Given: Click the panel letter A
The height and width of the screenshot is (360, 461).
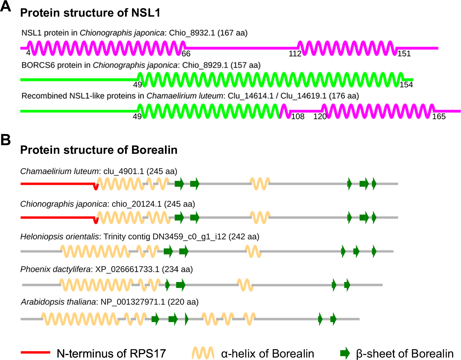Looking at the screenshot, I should (6, 6).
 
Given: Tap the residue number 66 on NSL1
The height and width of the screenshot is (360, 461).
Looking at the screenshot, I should (186, 54).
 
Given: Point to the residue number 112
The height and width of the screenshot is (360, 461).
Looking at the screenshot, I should (295, 54).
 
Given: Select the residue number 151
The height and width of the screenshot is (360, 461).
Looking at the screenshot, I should (404, 54).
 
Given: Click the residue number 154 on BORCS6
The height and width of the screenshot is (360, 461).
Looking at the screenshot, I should (406, 85).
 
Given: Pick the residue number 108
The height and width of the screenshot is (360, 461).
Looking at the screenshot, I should (298, 117).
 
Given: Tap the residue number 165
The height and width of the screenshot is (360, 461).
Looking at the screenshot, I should (439, 117).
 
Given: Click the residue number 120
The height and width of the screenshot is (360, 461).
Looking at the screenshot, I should (320, 117).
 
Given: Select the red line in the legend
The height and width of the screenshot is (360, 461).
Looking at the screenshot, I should (35, 352).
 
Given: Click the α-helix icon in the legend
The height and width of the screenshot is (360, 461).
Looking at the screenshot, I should (203, 353).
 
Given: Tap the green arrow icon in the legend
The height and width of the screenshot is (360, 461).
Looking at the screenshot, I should (345, 353).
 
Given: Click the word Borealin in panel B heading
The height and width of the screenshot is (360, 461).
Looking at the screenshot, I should (154, 150).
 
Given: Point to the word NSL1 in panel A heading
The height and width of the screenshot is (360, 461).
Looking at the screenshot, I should (146, 13).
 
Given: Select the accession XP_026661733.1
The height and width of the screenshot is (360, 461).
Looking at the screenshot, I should (127, 269).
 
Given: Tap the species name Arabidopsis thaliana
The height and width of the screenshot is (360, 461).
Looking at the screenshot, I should (59, 302).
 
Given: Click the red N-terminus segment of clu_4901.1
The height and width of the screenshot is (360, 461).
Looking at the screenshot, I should (57, 184).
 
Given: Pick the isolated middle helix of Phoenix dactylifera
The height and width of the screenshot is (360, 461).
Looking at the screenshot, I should (245, 285).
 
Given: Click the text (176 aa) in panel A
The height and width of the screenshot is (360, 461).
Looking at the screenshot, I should (344, 96).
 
